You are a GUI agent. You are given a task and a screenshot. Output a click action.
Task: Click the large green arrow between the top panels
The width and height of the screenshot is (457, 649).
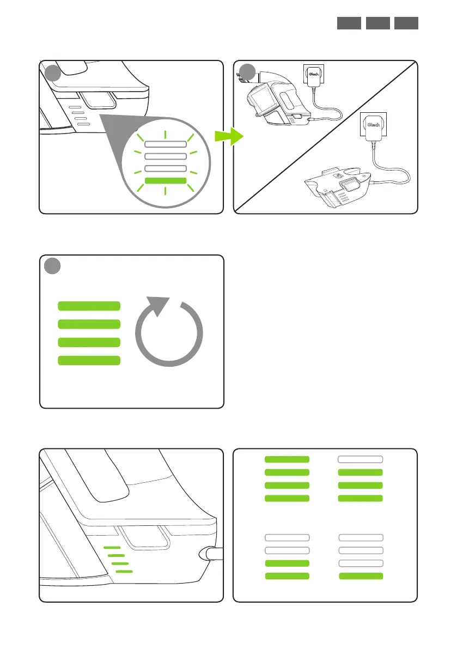[x=228, y=138]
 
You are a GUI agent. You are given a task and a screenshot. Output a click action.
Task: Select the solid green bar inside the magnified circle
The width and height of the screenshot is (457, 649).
[x=166, y=180]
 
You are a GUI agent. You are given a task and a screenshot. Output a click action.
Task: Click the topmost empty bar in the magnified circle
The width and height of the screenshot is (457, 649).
[x=166, y=144]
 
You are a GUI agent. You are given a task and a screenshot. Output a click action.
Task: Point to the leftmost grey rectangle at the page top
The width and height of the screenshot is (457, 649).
[x=348, y=23]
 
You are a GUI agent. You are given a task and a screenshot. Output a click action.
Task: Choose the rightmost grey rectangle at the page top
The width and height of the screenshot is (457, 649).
[x=406, y=23]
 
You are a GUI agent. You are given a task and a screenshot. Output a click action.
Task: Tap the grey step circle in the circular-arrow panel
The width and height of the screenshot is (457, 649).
[x=52, y=266]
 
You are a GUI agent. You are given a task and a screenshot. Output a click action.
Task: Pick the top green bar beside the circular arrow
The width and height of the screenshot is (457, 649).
[x=89, y=306]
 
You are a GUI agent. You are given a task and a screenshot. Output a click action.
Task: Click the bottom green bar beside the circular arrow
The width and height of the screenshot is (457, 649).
[x=89, y=360]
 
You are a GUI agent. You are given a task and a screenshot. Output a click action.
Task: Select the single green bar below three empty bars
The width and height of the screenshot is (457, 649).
[x=361, y=575]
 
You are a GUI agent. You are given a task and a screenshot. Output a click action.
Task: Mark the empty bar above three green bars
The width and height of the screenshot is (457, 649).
[x=361, y=459]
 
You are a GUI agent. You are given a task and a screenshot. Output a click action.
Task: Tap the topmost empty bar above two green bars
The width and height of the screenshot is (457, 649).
[x=287, y=538]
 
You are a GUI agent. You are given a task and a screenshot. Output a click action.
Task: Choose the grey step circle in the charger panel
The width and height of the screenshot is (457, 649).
[x=248, y=71]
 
